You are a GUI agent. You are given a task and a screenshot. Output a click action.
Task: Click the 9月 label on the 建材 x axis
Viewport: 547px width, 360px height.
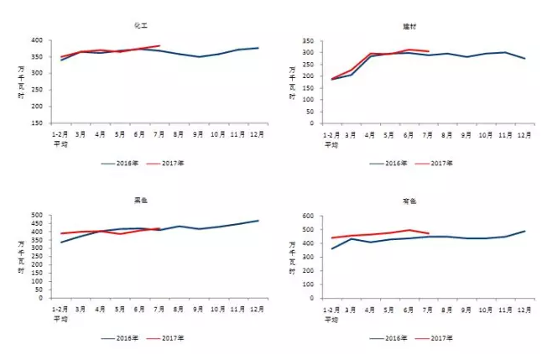466,134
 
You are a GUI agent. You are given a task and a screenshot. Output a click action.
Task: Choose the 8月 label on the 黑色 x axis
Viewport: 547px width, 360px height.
179,309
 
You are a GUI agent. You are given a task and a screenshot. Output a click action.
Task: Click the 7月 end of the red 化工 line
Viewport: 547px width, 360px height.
159,46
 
